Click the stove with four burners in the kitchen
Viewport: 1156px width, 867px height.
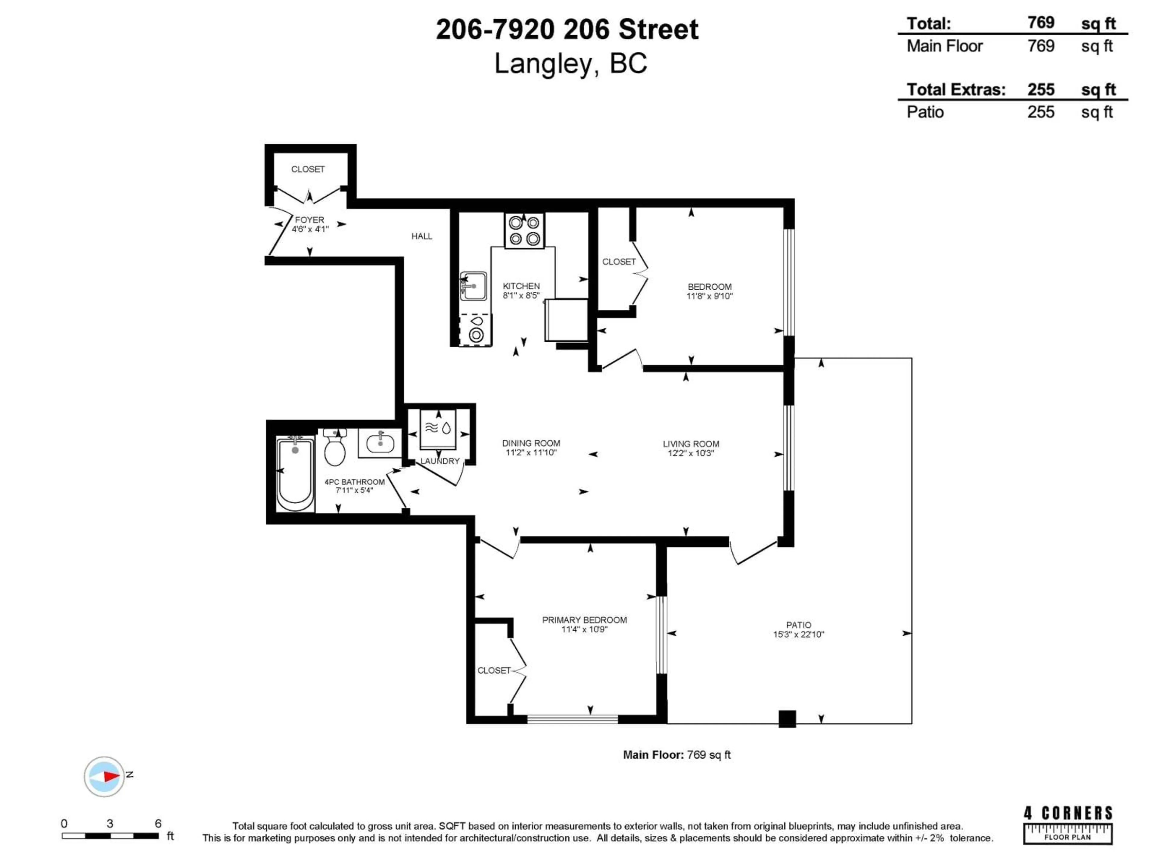pyautogui.click(x=524, y=231)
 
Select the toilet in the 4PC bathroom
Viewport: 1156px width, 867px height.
pyautogui.click(x=334, y=448)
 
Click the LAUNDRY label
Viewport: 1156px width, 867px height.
pyautogui.click(x=440, y=461)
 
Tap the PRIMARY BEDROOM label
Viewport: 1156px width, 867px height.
pyautogui.click(x=584, y=620)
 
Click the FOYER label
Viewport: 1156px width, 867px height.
pyautogui.click(x=309, y=220)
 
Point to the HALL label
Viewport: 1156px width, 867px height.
pyautogui.click(x=422, y=236)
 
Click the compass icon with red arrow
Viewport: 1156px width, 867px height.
pyautogui.click(x=104, y=777)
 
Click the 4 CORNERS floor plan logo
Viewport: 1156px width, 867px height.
pyautogui.click(x=1068, y=825)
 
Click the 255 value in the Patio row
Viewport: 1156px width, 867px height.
pyautogui.click(x=1040, y=112)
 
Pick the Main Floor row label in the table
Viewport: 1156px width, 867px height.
pyautogui.click(x=944, y=46)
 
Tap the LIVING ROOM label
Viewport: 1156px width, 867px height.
pyautogui.click(x=691, y=444)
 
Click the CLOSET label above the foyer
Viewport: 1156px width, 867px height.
pyautogui.click(x=308, y=169)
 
